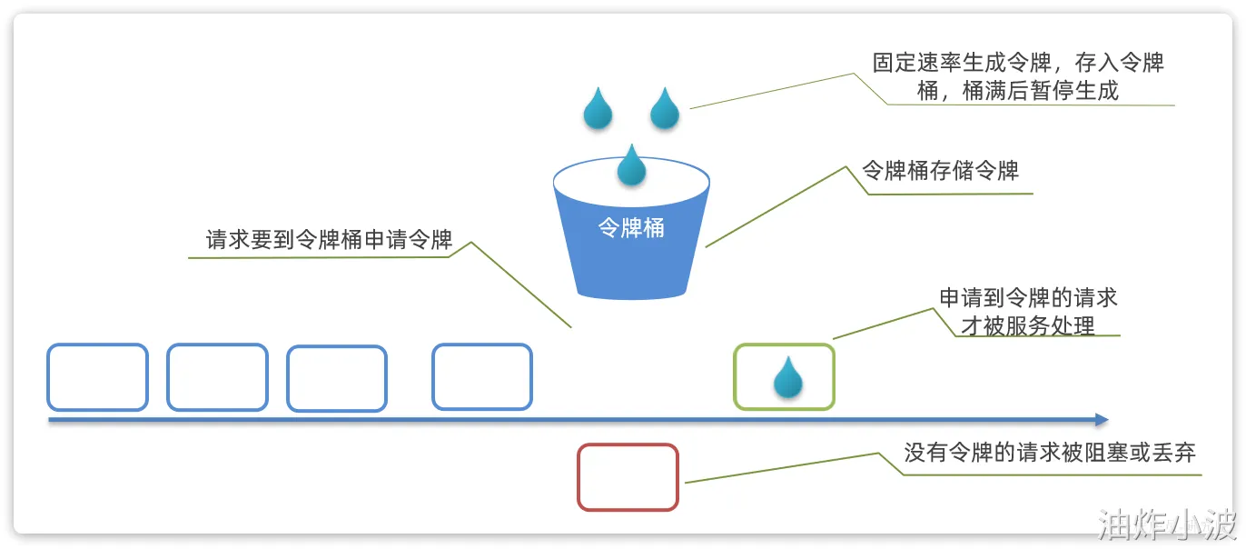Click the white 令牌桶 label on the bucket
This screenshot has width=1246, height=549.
tap(631, 228)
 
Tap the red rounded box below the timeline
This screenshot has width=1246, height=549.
tap(628, 477)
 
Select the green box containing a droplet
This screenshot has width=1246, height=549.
tap(784, 376)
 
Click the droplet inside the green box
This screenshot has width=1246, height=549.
tap(787, 378)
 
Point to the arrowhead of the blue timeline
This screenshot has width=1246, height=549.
tap(1102, 420)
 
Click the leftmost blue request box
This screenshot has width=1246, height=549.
tap(97, 377)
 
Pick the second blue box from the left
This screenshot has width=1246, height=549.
tap(217, 377)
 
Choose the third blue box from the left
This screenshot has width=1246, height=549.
tap(337, 378)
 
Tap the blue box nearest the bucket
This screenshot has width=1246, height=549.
tap(481, 376)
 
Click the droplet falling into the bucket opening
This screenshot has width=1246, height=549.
tap(631, 165)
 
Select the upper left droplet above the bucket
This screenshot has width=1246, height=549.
tap(598, 108)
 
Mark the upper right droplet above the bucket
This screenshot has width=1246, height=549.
tap(665, 108)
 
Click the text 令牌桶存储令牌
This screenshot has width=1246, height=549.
tap(940, 171)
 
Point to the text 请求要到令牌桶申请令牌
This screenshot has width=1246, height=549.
tap(329, 240)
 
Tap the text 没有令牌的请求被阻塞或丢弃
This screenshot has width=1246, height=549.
tap(1050, 453)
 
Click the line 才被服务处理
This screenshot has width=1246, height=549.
tap(1028, 325)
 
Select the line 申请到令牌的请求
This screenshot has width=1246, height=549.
tap(1028, 298)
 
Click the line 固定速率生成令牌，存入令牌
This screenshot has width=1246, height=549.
tap(1018, 63)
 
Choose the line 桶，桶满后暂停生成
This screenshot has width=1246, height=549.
tap(1018, 91)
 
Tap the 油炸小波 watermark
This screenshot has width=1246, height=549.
tap(1166, 524)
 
